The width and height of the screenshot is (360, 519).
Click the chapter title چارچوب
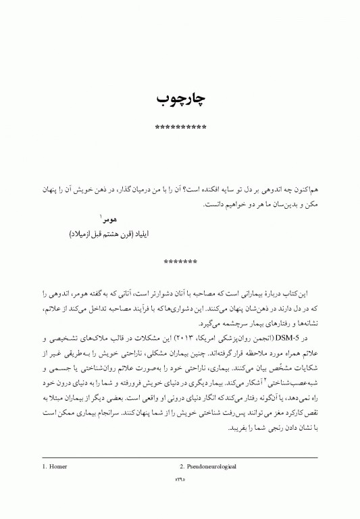(x=180, y=99)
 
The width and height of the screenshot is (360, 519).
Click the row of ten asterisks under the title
(x=180, y=128)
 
